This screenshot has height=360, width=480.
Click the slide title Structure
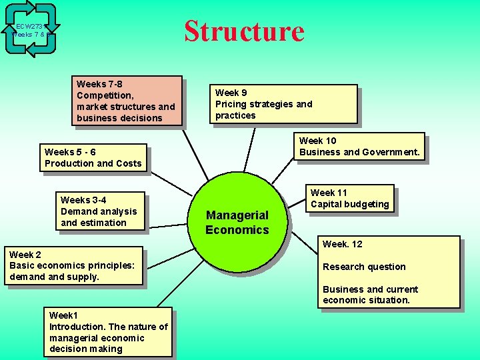244,31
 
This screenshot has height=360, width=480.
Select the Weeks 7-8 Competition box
128,101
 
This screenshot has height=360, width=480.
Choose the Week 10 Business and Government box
359,147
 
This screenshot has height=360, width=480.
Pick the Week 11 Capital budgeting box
349,199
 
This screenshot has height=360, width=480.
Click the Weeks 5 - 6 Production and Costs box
93,158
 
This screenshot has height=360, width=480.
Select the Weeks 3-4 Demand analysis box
101,211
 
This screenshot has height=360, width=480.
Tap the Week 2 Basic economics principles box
73,265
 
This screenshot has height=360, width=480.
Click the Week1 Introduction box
108,332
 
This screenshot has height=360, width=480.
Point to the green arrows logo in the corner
30,29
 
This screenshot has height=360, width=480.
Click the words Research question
364,267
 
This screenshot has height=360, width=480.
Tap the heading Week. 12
343,244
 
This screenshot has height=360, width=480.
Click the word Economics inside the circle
237,230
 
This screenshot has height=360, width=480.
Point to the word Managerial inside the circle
237,215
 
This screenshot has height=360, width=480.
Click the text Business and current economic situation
370,295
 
